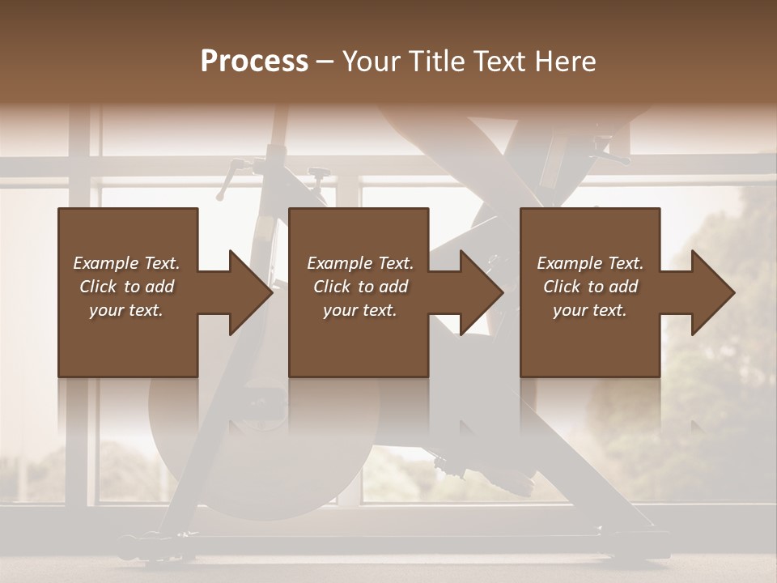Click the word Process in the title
(254, 62)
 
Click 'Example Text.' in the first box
(126, 263)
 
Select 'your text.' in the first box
(126, 310)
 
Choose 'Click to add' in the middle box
(360, 287)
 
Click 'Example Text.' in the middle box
(360, 263)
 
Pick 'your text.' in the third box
(590, 310)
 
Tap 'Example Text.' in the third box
(590, 263)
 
